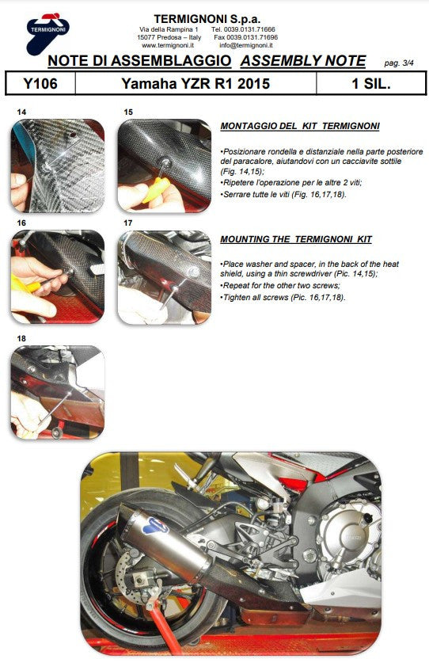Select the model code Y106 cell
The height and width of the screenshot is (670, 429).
point(40,83)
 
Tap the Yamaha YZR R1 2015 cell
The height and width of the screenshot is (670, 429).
point(195,83)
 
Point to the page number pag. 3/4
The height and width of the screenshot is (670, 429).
point(403,63)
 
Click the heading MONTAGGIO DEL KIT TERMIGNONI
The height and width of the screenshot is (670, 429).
point(299,126)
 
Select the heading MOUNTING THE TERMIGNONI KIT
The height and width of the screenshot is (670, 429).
point(295,239)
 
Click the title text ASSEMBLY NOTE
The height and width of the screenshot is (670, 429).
point(303,61)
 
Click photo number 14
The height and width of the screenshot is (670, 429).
point(57,165)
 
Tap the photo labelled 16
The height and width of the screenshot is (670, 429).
point(57,276)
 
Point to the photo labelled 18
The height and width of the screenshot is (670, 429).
point(57,392)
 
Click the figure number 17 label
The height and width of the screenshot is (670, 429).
point(128,223)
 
